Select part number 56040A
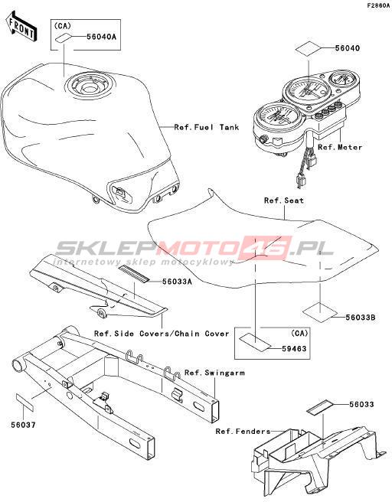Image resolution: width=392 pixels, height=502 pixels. coord(101,37)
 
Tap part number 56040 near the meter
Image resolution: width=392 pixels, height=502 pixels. coord(348,48)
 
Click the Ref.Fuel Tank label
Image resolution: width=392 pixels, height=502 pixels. coord(207,127)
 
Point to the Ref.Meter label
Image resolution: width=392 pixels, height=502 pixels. coord(340,147)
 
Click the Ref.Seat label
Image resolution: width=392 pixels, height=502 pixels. coord(284,200)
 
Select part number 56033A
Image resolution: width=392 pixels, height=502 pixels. coord(177,282)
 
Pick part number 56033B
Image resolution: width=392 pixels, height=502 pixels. coord(361,318)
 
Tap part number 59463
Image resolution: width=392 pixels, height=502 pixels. coord(294,349)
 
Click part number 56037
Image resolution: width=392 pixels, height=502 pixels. coord(24,425)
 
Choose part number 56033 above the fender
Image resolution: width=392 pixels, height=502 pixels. coord(361,405)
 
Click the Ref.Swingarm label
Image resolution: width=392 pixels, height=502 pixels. coord(214,373)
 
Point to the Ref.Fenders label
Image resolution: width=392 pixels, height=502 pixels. coord(243,432)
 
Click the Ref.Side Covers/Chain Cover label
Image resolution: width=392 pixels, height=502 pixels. coord(162,334)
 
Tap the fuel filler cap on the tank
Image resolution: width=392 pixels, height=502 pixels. coord(89,84)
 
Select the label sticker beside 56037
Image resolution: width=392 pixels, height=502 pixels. coord(25,403)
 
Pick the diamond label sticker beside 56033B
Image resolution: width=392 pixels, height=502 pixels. coord(320,311)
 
